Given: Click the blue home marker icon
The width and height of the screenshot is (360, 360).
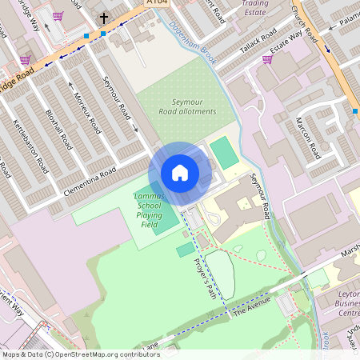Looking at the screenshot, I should click(x=180, y=173).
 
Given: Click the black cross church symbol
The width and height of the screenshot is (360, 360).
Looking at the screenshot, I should click(x=102, y=18).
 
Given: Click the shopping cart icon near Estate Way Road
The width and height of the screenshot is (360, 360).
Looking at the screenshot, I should click(x=267, y=58).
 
